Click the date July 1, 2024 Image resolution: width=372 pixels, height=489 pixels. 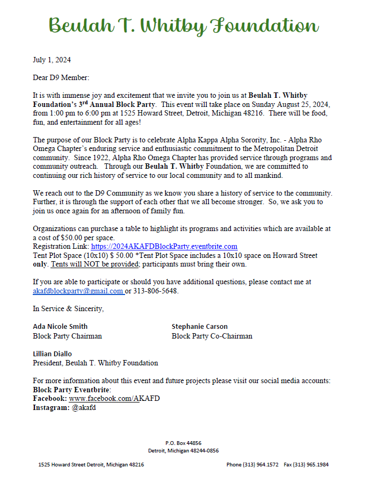click(x=52, y=60)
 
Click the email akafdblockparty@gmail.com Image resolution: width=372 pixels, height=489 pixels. click(x=78, y=291)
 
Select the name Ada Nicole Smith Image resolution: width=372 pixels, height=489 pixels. click(x=60, y=326)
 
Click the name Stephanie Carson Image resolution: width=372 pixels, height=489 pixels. click(x=200, y=326)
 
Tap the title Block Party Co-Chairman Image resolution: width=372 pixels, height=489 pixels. click(x=212, y=336)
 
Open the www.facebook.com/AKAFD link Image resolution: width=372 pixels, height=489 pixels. click(x=114, y=398)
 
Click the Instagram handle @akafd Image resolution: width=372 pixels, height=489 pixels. click(x=84, y=407)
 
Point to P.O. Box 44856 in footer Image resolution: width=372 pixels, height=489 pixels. click(x=183, y=443)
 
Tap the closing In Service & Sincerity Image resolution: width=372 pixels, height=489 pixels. click(x=68, y=308)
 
